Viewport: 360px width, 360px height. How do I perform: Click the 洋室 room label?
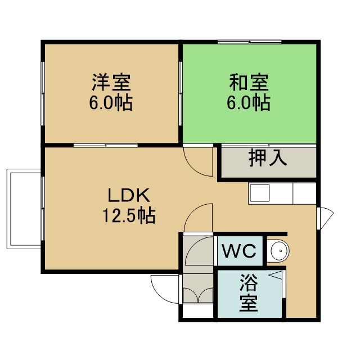tap(111, 82)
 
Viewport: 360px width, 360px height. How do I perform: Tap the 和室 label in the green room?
tap(249, 82)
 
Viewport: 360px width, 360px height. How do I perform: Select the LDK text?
tap(129, 195)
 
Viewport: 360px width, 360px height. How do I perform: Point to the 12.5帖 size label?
tap(129, 215)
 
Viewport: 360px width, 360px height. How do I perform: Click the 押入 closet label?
tap(268, 158)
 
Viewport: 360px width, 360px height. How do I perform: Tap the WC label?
tap(239, 251)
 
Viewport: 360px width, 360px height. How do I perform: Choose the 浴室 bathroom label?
tap(249, 292)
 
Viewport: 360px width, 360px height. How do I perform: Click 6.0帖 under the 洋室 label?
tap(111, 102)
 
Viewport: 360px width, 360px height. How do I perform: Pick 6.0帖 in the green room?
tap(249, 102)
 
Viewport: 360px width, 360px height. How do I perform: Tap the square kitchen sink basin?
tap(259, 193)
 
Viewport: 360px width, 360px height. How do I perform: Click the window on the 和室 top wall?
tap(250, 42)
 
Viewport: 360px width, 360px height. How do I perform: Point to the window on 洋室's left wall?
tap(43, 93)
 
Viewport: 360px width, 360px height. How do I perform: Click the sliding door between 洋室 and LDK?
tap(106, 145)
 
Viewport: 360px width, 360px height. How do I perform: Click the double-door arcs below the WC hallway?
tap(199, 295)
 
